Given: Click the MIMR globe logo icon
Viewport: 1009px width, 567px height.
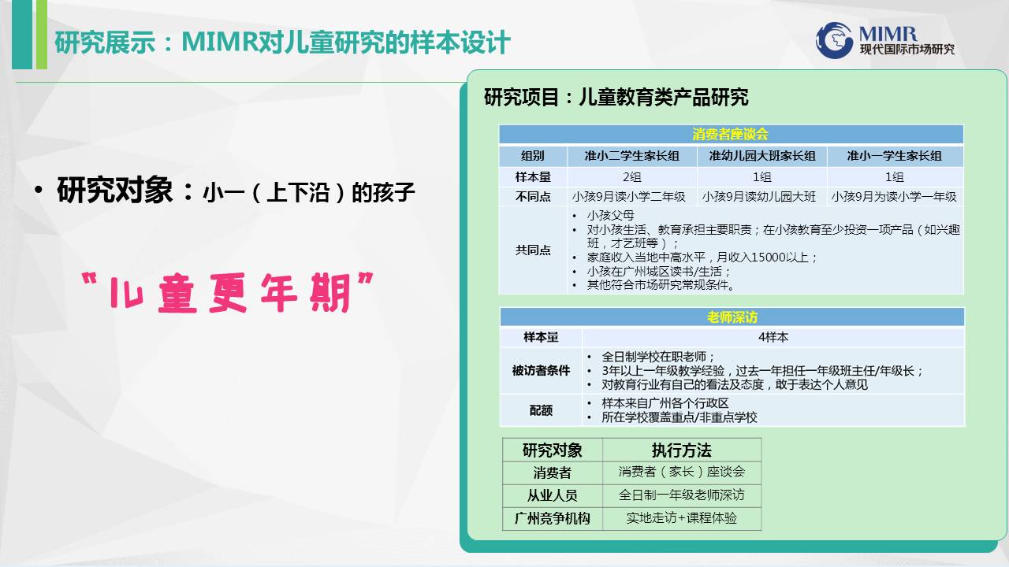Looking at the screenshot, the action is coord(834,40).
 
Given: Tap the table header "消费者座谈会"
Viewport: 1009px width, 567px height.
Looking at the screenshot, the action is coord(730,134).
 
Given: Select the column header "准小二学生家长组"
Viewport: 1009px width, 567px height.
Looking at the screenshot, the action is coord(631,156).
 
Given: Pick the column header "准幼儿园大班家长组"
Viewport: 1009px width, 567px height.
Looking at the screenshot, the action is coord(762,156).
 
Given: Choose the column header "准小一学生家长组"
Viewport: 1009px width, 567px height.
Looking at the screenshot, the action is coord(894,156).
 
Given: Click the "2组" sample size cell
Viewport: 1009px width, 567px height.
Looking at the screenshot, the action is coord(631,177).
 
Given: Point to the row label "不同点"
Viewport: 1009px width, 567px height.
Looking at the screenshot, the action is coord(533,197).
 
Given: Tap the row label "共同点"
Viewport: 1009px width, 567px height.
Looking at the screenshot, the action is coord(533,250).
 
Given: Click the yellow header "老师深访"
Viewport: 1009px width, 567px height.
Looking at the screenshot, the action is coord(732,317).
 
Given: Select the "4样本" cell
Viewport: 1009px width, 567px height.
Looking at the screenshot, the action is coord(773,337).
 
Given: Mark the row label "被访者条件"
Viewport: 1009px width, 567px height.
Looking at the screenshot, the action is coord(541,370).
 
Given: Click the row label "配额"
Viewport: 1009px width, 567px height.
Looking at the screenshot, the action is coord(541,410).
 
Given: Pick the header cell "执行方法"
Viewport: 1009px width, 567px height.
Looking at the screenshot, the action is coord(682,450).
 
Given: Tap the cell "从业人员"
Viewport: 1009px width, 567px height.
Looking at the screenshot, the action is coord(553,495).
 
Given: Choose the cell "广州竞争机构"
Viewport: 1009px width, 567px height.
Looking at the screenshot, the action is coord(553,518).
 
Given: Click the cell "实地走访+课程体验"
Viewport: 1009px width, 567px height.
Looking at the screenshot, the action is coord(682,518).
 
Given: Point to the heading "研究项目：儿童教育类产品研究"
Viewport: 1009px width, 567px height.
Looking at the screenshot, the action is coord(616,97).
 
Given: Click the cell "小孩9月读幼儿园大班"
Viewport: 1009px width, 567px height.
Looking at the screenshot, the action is coord(759,197).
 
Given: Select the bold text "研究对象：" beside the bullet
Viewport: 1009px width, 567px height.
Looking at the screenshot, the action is coord(125,191).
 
